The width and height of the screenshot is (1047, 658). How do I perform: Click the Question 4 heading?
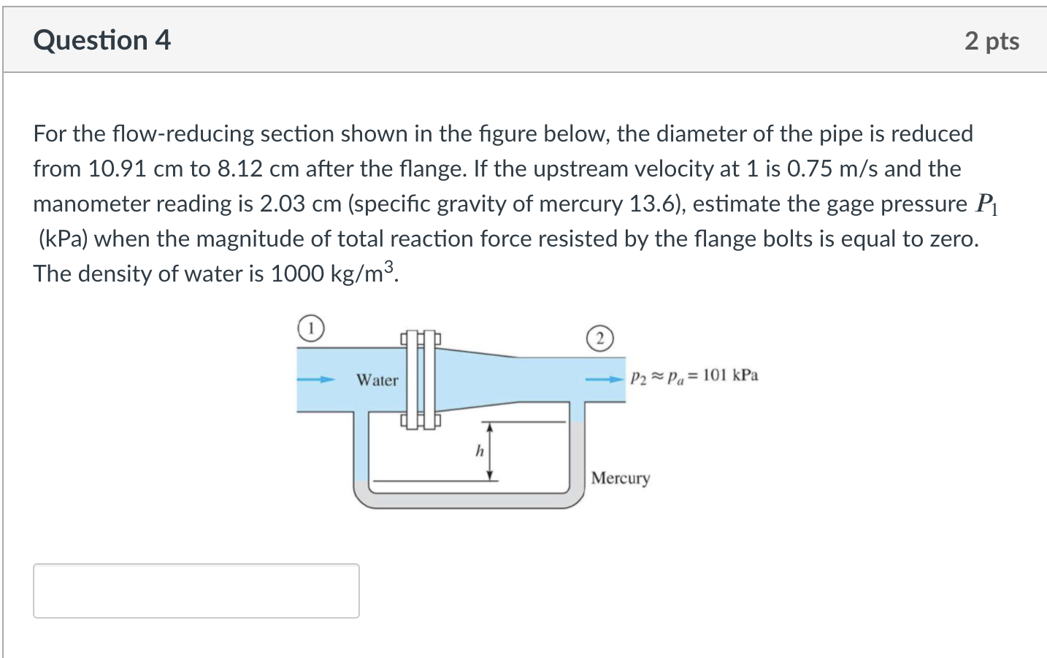coord(102,40)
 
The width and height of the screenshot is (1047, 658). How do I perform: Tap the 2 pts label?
coord(992,42)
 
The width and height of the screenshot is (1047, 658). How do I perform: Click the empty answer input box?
coord(196,591)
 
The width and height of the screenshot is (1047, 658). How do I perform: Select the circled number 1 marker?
coord(311,328)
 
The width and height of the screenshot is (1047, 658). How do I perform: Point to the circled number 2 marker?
coord(600,338)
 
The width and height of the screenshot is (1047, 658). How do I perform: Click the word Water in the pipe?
coord(377,379)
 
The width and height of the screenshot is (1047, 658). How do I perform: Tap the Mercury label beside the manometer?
coord(621,479)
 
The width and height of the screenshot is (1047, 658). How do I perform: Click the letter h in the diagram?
coord(480,451)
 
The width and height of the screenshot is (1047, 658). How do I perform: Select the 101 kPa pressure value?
coord(730,375)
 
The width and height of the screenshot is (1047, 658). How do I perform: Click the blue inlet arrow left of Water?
coord(316,379)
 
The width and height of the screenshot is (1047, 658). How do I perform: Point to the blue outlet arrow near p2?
coord(605,379)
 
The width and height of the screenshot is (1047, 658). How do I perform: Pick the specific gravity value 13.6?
coord(653,204)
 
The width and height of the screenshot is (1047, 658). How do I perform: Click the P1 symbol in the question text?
coord(986,204)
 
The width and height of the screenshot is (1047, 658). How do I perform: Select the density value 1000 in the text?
coord(297,274)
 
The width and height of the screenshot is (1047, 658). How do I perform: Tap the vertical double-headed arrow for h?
coord(489,451)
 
